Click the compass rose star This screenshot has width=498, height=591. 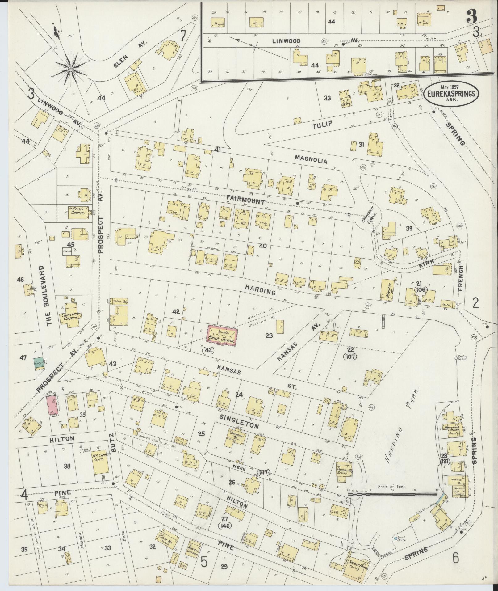[71, 68]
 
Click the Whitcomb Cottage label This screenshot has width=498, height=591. [452, 431]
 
